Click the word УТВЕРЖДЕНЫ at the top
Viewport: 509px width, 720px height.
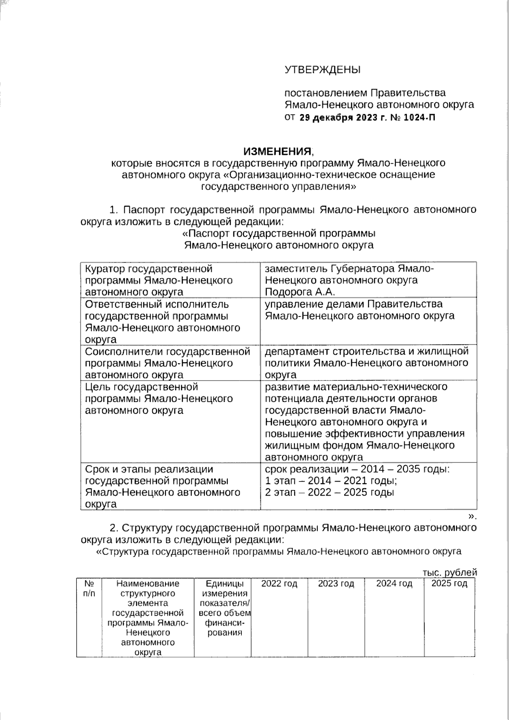pos(322,70)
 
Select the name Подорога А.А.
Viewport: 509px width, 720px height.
pos(300,292)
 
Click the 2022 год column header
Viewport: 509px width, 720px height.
pos(279,584)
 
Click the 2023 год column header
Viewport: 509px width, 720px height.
pos(336,584)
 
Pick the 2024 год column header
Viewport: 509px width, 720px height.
pos(394,584)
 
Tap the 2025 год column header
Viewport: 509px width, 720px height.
pos(449,584)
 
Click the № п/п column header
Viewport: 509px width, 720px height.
pos(89,588)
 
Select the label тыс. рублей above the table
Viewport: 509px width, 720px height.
pos(450,572)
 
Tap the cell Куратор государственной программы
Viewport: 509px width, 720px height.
pos(159,280)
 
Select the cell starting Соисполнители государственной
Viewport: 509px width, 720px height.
pos(167,363)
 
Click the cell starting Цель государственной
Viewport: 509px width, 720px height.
pos(159,398)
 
